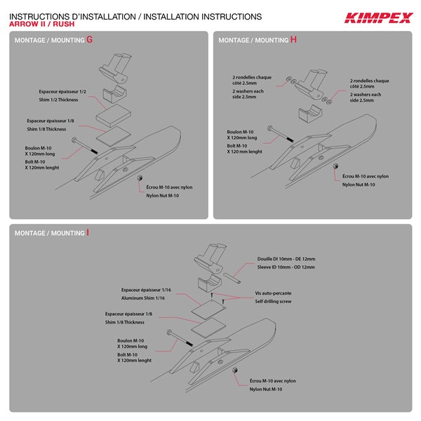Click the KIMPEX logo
378,17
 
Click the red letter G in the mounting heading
89,40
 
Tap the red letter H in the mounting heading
293,40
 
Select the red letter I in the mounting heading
88,232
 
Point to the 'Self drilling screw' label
274,300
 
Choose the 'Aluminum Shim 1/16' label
147,298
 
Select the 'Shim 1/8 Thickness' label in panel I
125,322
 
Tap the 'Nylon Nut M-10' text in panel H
359,184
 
